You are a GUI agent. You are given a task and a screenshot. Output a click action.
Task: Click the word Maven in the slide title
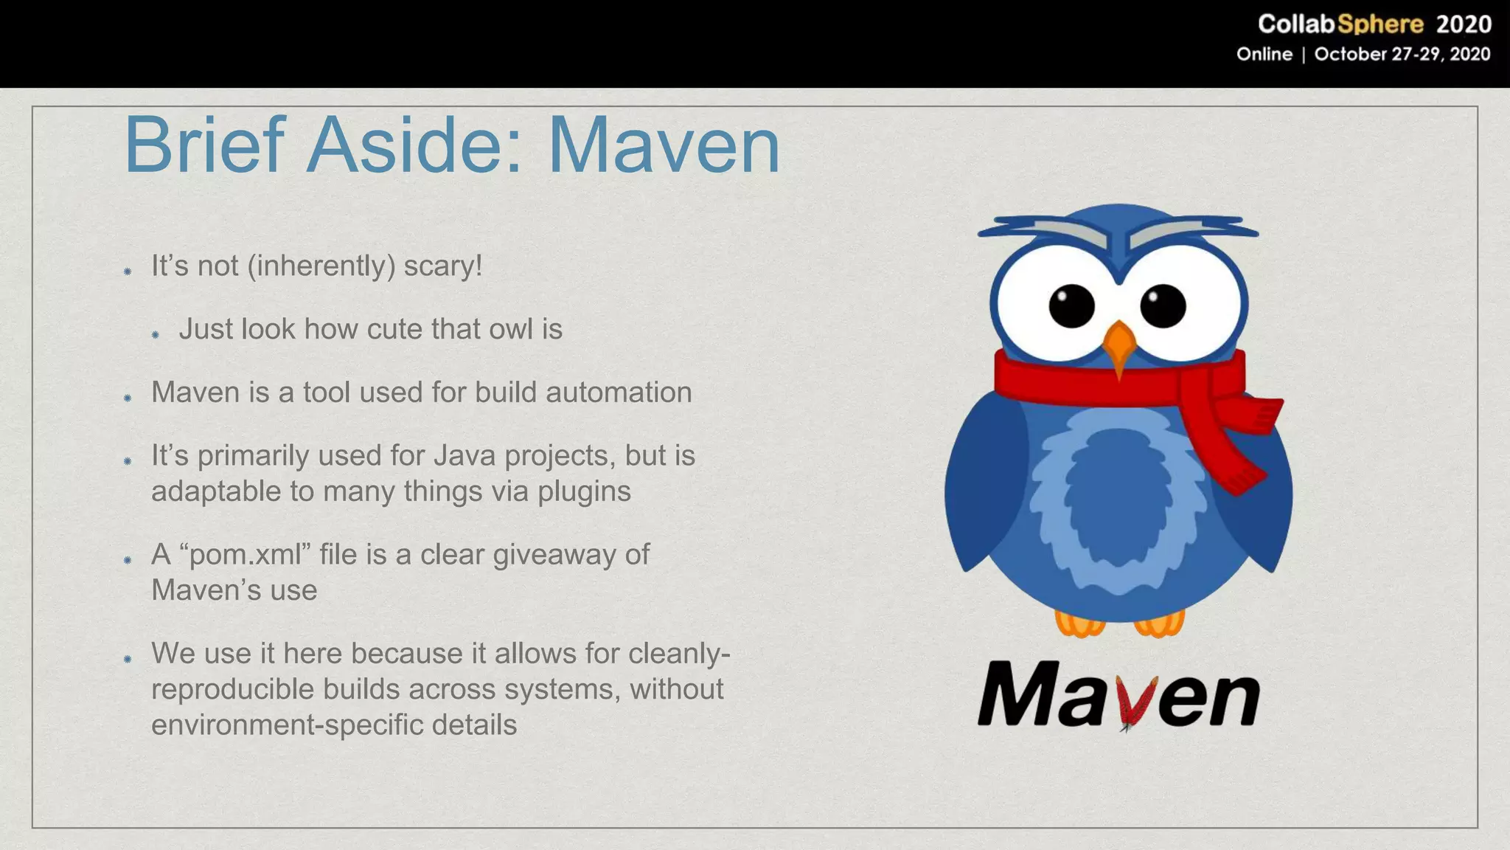pyautogui.click(x=664, y=145)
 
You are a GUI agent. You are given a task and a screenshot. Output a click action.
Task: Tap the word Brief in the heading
pyautogui.click(x=204, y=145)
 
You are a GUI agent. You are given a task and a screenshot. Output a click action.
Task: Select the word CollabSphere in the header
pyautogui.click(x=1340, y=24)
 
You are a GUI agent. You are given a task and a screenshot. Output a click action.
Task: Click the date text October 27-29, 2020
pyautogui.click(x=1402, y=55)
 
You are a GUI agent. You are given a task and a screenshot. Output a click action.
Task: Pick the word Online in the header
pyautogui.click(x=1264, y=55)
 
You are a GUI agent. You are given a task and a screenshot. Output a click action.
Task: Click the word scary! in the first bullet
pyautogui.click(x=442, y=266)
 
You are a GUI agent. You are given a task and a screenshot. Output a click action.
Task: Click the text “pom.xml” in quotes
pyautogui.click(x=245, y=555)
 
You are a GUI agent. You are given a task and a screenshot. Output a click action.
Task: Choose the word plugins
pyautogui.click(x=584, y=491)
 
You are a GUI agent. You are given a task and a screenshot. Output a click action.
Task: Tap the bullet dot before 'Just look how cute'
pyautogui.click(x=156, y=335)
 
